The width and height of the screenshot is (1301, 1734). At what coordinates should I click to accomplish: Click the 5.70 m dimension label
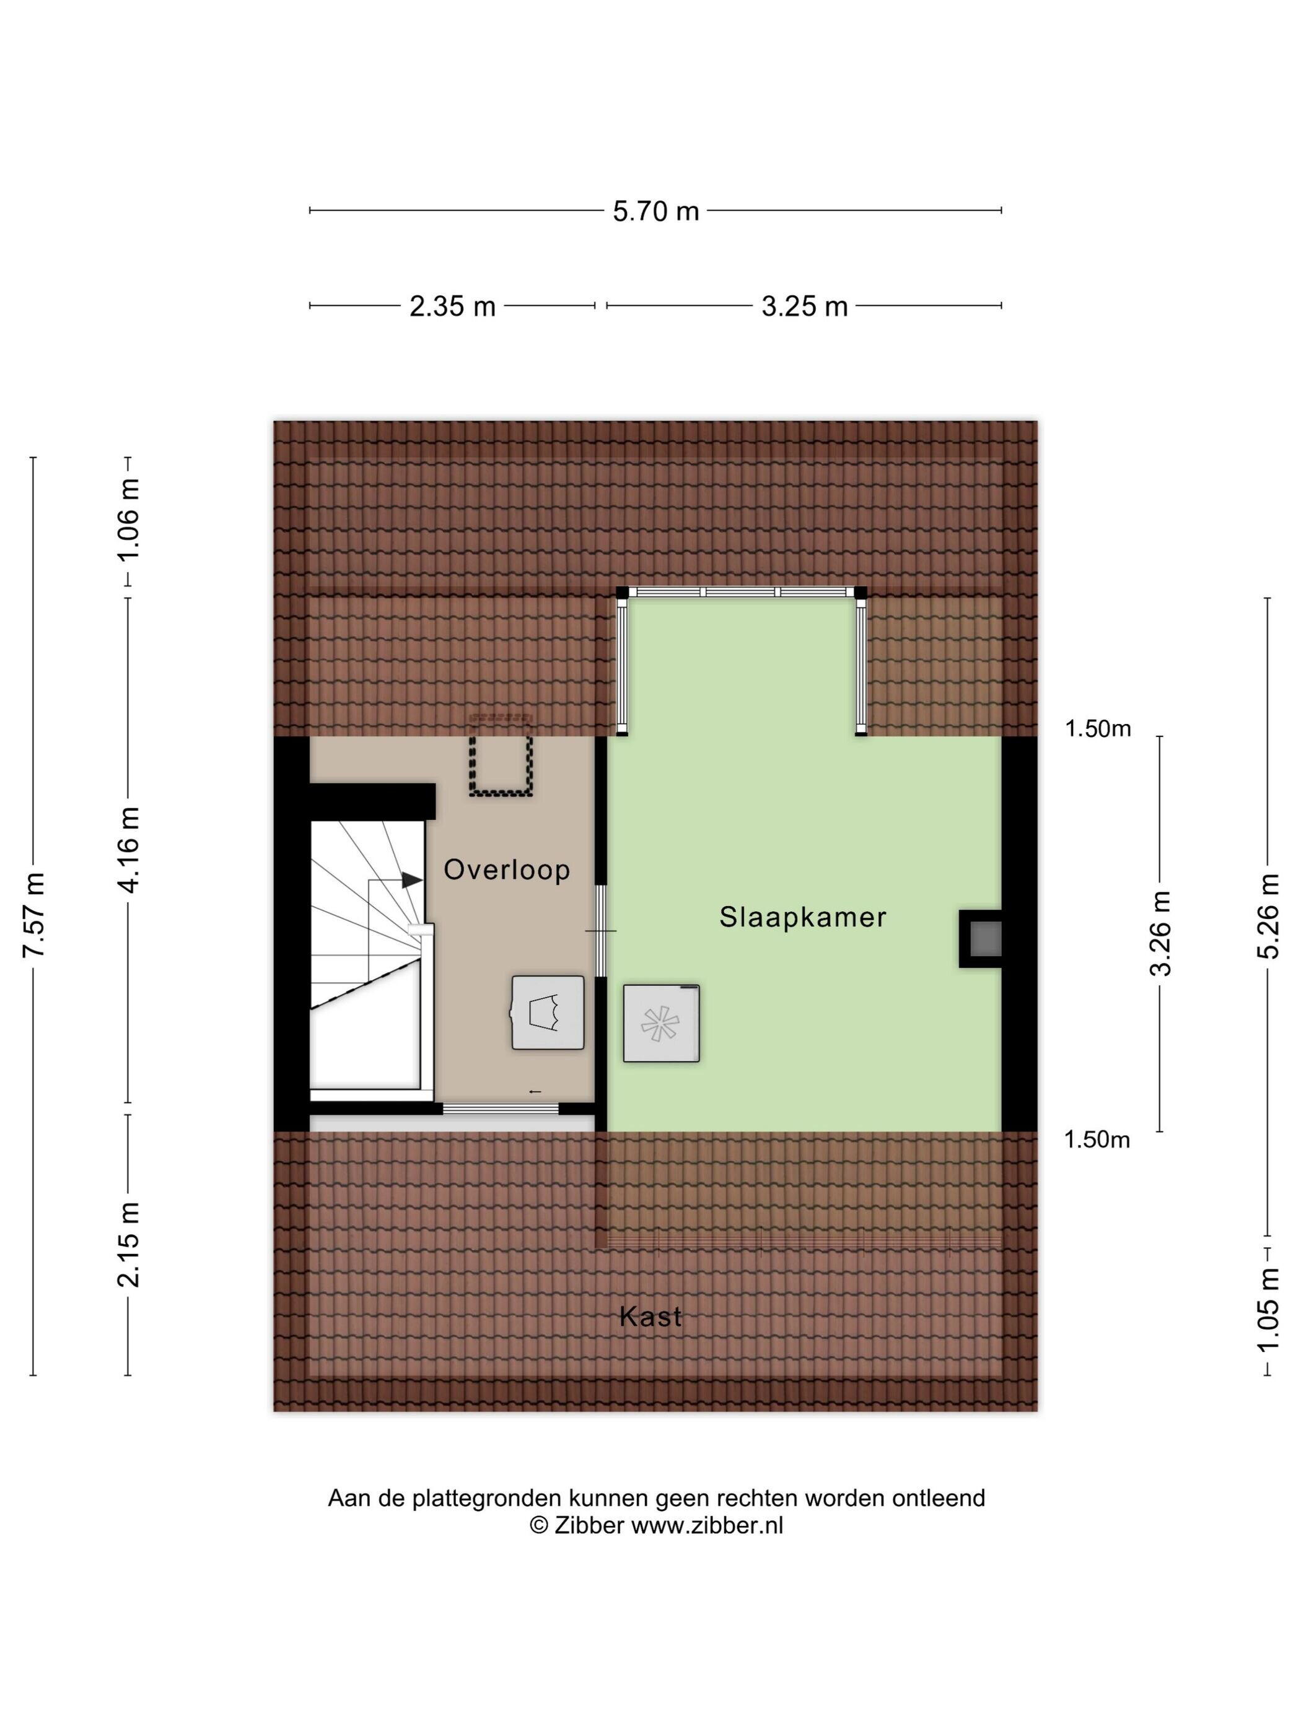coord(655,212)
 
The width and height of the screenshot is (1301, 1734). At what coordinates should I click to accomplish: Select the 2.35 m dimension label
coord(452,307)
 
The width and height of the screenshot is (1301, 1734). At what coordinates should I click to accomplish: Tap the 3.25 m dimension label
coord(805,307)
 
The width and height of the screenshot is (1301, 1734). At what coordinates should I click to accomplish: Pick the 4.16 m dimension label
coord(128,850)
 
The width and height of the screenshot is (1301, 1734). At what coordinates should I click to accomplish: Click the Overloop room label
coord(507,871)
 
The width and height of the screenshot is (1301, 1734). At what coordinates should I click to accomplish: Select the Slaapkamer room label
coord(802,917)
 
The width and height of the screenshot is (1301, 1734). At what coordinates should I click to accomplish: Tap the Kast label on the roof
coord(650,1317)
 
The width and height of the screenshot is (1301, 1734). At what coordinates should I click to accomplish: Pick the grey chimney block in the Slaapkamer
coord(985,938)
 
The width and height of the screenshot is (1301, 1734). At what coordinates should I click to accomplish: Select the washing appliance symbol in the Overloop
coord(548,1013)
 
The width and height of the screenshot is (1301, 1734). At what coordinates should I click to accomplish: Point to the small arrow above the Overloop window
coord(536,1091)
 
